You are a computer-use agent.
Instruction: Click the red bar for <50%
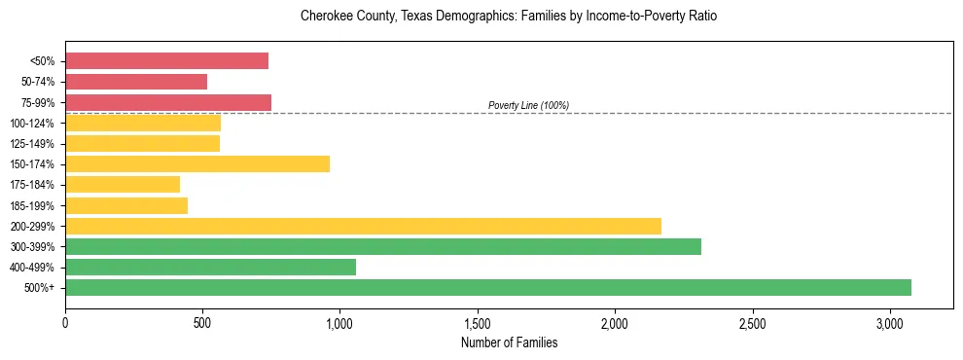click(166, 61)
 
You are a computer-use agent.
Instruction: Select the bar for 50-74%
click(136, 82)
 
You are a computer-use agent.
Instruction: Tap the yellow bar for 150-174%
click(197, 163)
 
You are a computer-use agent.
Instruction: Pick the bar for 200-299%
click(363, 226)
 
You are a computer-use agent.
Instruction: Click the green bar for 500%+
click(488, 287)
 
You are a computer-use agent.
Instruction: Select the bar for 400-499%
click(210, 267)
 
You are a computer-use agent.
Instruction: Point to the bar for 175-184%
click(123, 184)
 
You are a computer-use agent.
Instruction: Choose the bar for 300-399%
click(383, 246)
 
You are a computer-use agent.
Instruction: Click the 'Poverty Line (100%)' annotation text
click(528, 105)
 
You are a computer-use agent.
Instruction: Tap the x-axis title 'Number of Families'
click(509, 342)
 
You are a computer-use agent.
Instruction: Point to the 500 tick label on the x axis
click(202, 323)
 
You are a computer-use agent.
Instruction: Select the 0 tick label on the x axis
click(65, 323)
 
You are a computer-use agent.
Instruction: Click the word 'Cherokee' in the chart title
click(326, 17)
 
